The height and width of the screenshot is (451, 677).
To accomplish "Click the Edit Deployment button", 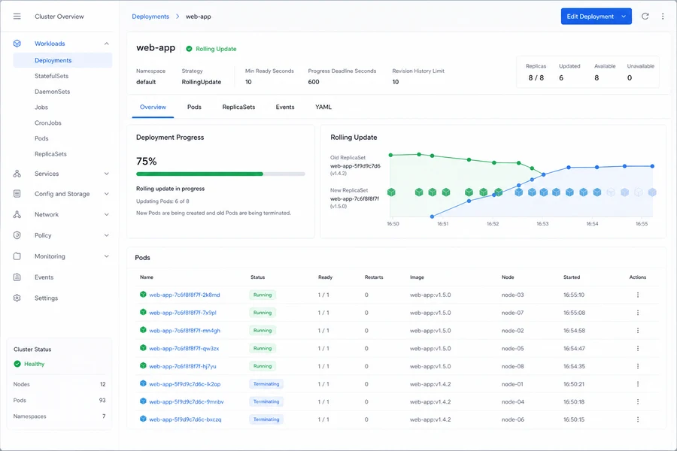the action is coord(596,17).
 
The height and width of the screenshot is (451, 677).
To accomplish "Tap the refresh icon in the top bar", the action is coord(645,17).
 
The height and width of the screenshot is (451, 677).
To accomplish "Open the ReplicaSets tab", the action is coord(238,107).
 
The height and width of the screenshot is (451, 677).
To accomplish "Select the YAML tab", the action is coord(323,107).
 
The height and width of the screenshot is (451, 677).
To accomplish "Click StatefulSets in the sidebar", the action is coord(51,76).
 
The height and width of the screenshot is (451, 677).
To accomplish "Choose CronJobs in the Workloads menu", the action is coord(48,123).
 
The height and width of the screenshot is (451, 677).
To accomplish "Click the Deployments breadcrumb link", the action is coord(150,17).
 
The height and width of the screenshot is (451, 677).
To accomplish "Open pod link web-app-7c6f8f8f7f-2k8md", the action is coord(184,295).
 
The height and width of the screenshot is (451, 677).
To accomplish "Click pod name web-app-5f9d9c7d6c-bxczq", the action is coord(185,419).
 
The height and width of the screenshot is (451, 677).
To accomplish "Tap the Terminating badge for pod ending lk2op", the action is coord(266,384).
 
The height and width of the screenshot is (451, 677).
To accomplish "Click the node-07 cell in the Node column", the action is coord(512,313).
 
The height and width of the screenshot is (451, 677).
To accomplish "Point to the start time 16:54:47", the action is coord(574,348).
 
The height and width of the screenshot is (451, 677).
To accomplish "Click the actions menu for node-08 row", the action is coord(638,366).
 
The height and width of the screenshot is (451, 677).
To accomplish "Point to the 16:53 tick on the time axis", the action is coord(542,224).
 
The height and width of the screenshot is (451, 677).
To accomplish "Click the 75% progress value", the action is coord(147,162).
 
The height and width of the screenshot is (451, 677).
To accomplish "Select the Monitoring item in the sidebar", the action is coord(50,256).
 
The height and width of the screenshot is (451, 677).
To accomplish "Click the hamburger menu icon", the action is coord(17,17).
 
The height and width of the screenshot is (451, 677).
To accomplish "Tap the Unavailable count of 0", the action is coord(630,78).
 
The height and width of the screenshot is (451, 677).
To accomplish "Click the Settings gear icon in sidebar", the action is coord(17,298).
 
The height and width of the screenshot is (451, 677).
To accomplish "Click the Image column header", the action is coord(417,277).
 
